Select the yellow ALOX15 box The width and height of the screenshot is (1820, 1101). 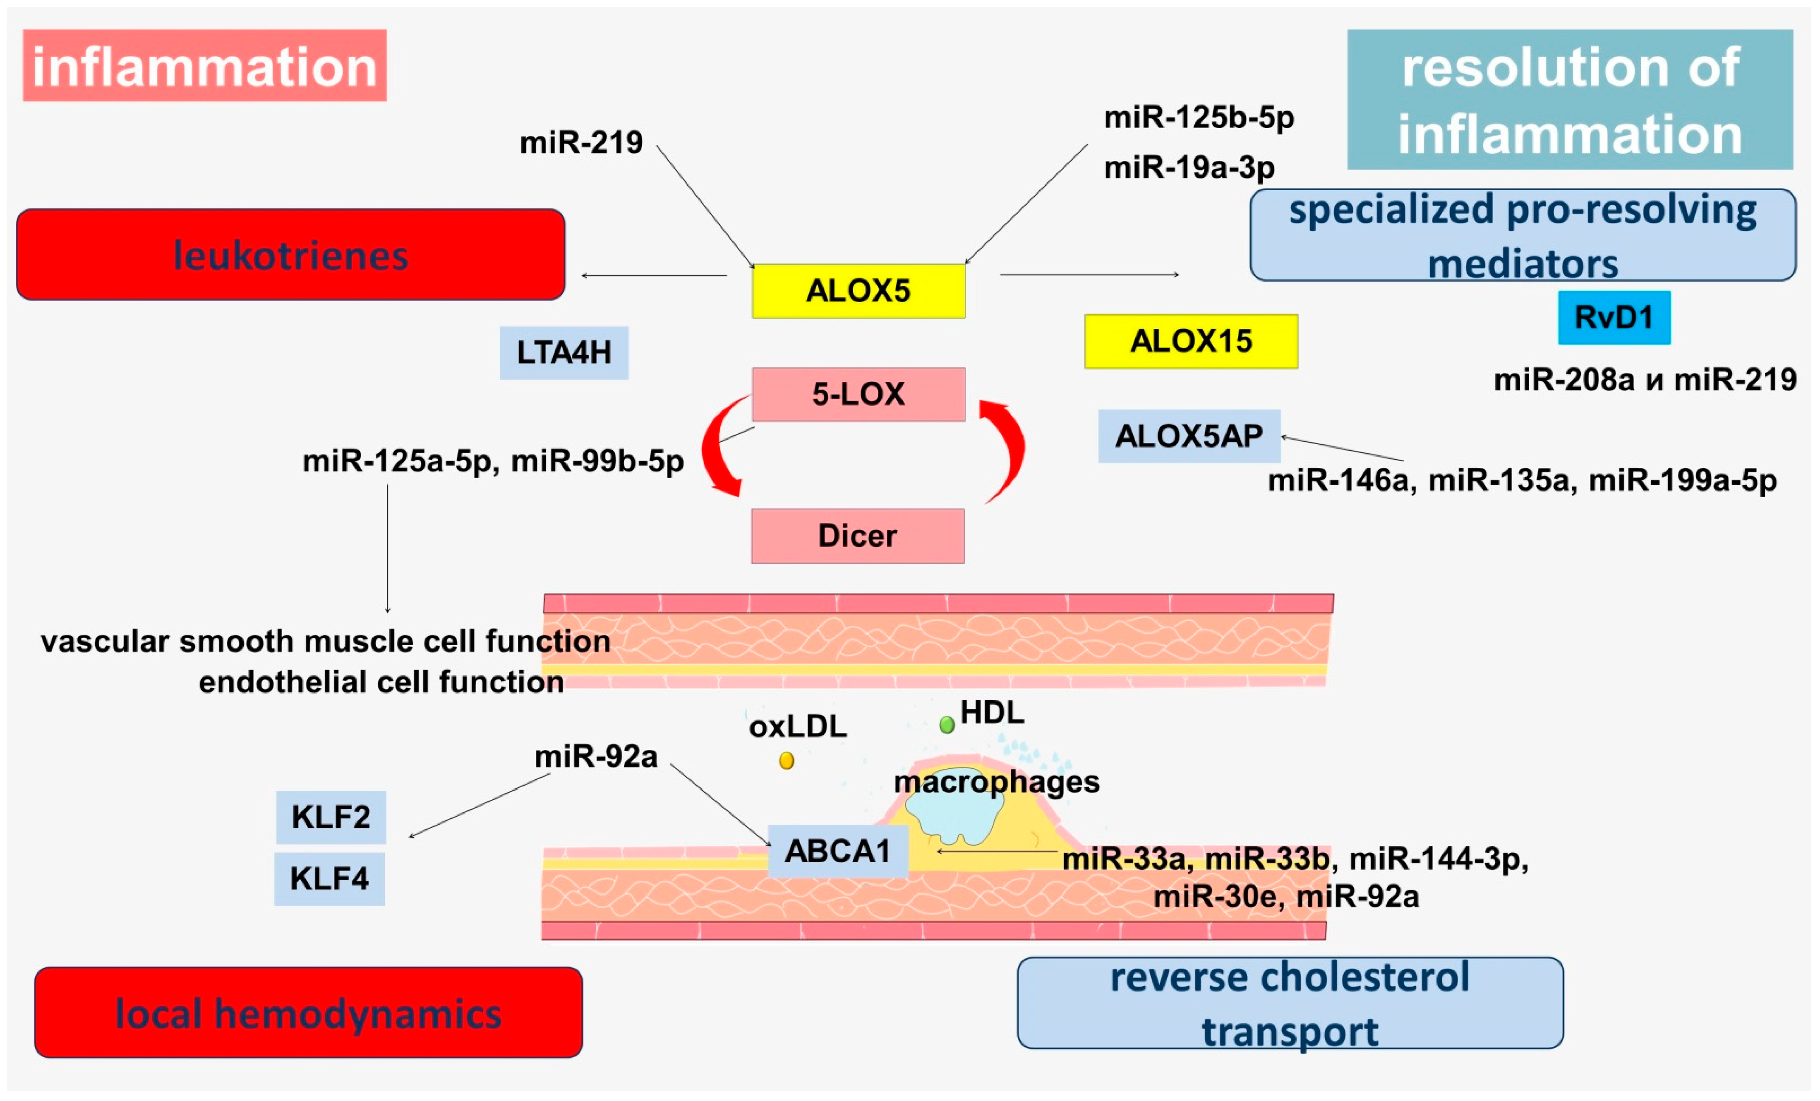[1191, 341]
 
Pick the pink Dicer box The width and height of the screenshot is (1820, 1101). [858, 535]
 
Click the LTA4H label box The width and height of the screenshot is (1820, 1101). [564, 353]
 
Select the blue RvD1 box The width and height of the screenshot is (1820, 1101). [1614, 318]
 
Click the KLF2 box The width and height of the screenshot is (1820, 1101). [331, 817]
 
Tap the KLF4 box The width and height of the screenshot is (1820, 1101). [329, 879]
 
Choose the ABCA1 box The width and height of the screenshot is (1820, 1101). [838, 851]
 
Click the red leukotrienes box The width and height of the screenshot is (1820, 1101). [290, 255]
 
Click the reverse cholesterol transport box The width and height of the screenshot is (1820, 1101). [1290, 1003]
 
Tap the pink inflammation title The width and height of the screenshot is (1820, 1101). [205, 66]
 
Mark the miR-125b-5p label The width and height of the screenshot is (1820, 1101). [1198, 117]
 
